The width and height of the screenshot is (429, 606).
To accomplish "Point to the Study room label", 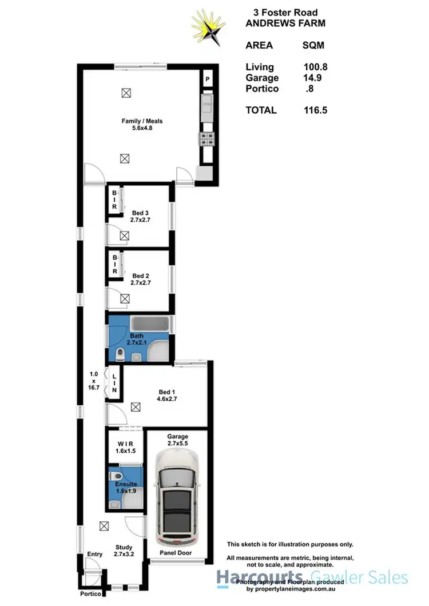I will pos(124,550).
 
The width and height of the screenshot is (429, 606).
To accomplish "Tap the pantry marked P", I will pos(207,79).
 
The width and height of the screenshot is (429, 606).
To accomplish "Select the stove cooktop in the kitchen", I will pos(206,138).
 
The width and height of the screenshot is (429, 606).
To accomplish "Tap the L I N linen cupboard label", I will pos(114,382).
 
